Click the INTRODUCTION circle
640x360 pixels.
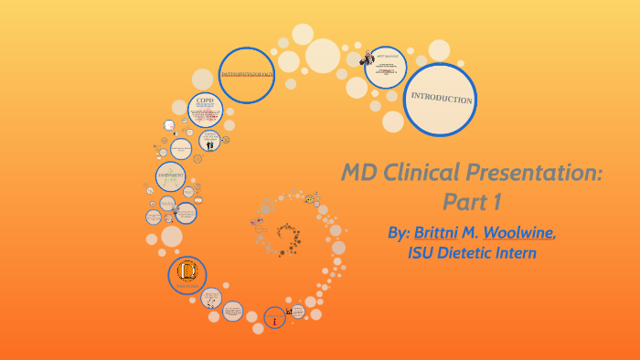440,100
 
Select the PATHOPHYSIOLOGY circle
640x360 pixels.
247,74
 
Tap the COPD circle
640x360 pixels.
205,111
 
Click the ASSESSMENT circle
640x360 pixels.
171,177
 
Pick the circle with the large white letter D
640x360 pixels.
187,273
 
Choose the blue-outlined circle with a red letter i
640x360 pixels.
274,317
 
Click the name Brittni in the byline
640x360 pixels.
445,232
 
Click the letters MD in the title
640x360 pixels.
358,172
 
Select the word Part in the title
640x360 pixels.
464,201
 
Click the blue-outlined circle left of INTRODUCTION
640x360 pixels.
385,68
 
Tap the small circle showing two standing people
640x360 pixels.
209,142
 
